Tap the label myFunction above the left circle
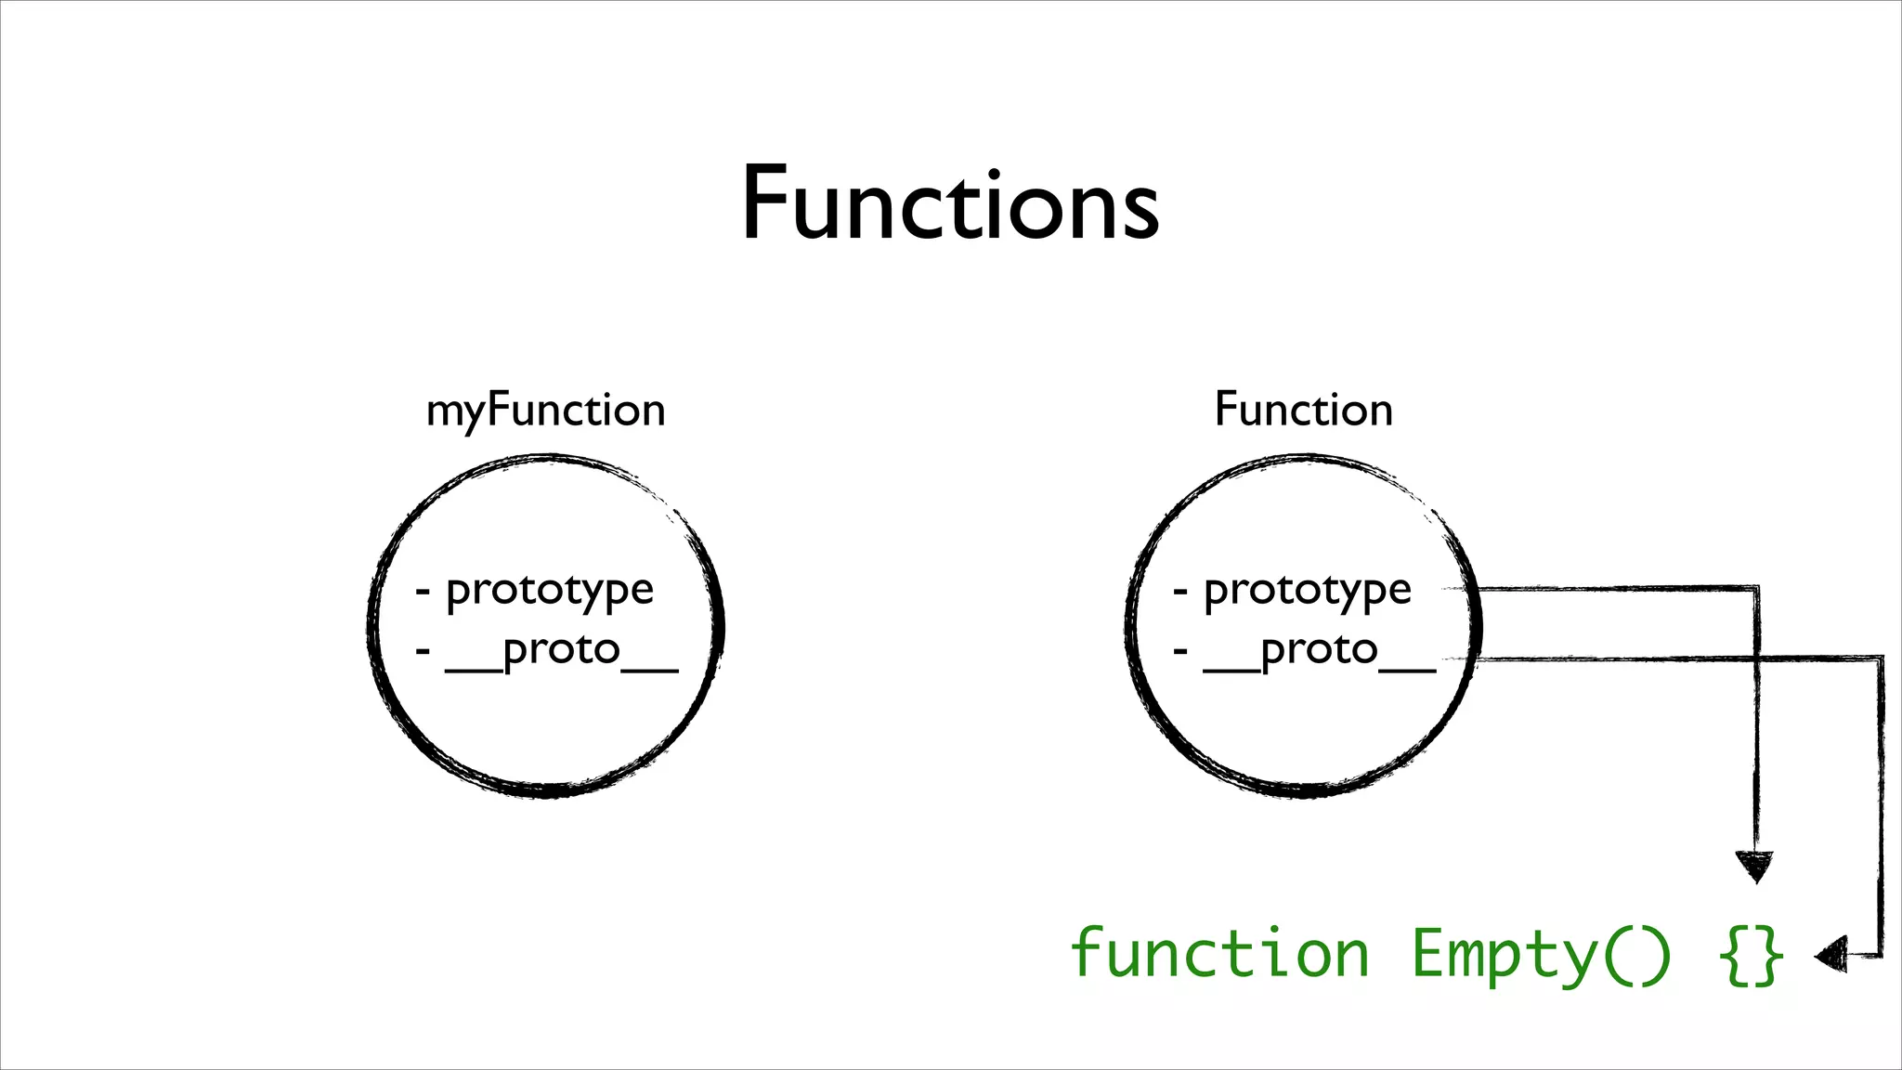tap(545, 411)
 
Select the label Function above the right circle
tap(1303, 410)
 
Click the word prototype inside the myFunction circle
tap(550, 590)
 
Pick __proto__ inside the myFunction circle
tap(562, 650)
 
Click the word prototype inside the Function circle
tap(1308, 590)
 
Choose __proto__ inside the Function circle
tap(1320, 650)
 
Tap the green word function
tap(1219, 954)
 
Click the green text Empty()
tap(1541, 954)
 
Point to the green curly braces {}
tap(1751, 955)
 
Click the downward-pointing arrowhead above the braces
tap(1754, 866)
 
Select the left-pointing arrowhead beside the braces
tap(1830, 955)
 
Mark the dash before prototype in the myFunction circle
tap(423, 591)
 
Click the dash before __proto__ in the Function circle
tap(1180, 650)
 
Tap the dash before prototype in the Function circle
tap(1180, 591)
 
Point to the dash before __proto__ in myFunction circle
tap(423, 650)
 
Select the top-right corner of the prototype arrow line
tap(1755, 588)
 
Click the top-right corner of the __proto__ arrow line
tap(1881, 659)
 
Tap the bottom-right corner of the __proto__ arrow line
tap(1881, 955)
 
